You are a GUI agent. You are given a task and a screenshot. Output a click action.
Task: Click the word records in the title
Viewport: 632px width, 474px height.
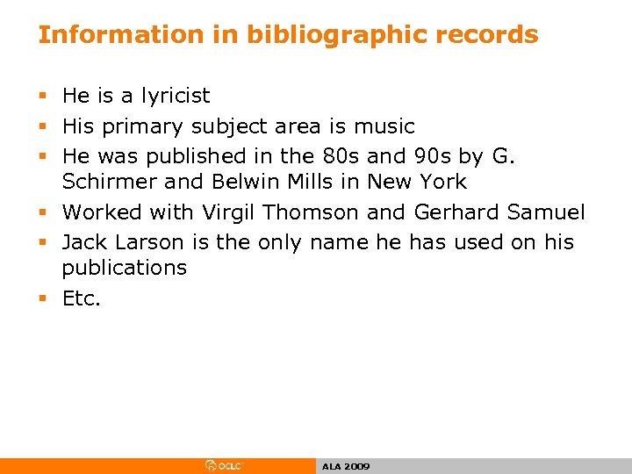click(x=490, y=35)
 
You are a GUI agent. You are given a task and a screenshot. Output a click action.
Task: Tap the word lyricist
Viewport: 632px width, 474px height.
click(x=172, y=96)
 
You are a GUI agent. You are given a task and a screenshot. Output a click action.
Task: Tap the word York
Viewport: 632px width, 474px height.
click(x=442, y=182)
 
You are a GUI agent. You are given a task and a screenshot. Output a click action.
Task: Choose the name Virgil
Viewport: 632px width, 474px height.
click(x=230, y=212)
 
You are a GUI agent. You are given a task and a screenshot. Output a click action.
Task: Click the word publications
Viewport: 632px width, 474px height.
click(x=124, y=268)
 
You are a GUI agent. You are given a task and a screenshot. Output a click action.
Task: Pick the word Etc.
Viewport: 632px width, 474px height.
click(x=82, y=298)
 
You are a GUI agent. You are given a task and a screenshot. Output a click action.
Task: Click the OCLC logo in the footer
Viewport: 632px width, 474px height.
click(x=225, y=466)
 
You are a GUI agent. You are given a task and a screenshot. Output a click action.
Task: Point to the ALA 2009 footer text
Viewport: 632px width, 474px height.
click(x=346, y=467)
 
